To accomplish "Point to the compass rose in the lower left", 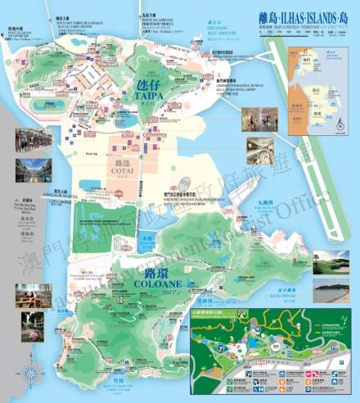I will [x=31, y=374].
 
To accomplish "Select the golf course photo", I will [x=331, y=262].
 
